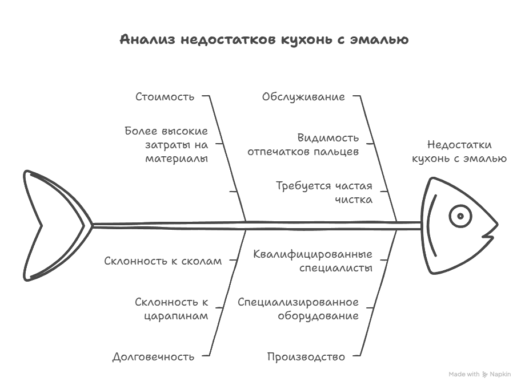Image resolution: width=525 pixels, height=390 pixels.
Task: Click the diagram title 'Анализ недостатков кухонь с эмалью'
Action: (x=264, y=39)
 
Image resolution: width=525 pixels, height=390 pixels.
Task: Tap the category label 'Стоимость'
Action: (x=165, y=96)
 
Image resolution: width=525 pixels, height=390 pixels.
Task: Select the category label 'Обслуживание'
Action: (x=303, y=96)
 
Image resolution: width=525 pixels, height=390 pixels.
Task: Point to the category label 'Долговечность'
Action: (x=153, y=356)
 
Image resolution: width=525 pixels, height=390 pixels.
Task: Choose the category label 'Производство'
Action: (x=306, y=356)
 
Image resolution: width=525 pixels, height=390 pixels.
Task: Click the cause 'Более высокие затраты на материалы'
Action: (x=166, y=144)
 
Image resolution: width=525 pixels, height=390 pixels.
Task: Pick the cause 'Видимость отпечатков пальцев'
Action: (x=303, y=144)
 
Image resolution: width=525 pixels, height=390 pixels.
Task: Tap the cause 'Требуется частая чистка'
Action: (x=324, y=192)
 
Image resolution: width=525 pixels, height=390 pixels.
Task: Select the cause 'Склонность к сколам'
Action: (x=163, y=261)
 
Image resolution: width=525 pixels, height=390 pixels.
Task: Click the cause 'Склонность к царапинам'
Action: (x=171, y=308)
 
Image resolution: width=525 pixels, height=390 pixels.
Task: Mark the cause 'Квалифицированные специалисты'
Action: (x=312, y=261)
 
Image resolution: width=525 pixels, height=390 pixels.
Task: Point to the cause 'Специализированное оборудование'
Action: (x=298, y=308)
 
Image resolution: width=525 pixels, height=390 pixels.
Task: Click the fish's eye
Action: (x=460, y=216)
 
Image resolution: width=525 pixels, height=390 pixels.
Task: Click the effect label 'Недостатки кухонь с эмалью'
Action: (x=459, y=152)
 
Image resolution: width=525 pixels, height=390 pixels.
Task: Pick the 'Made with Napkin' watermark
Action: (x=479, y=374)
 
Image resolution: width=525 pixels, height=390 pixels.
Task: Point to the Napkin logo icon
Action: (x=485, y=375)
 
